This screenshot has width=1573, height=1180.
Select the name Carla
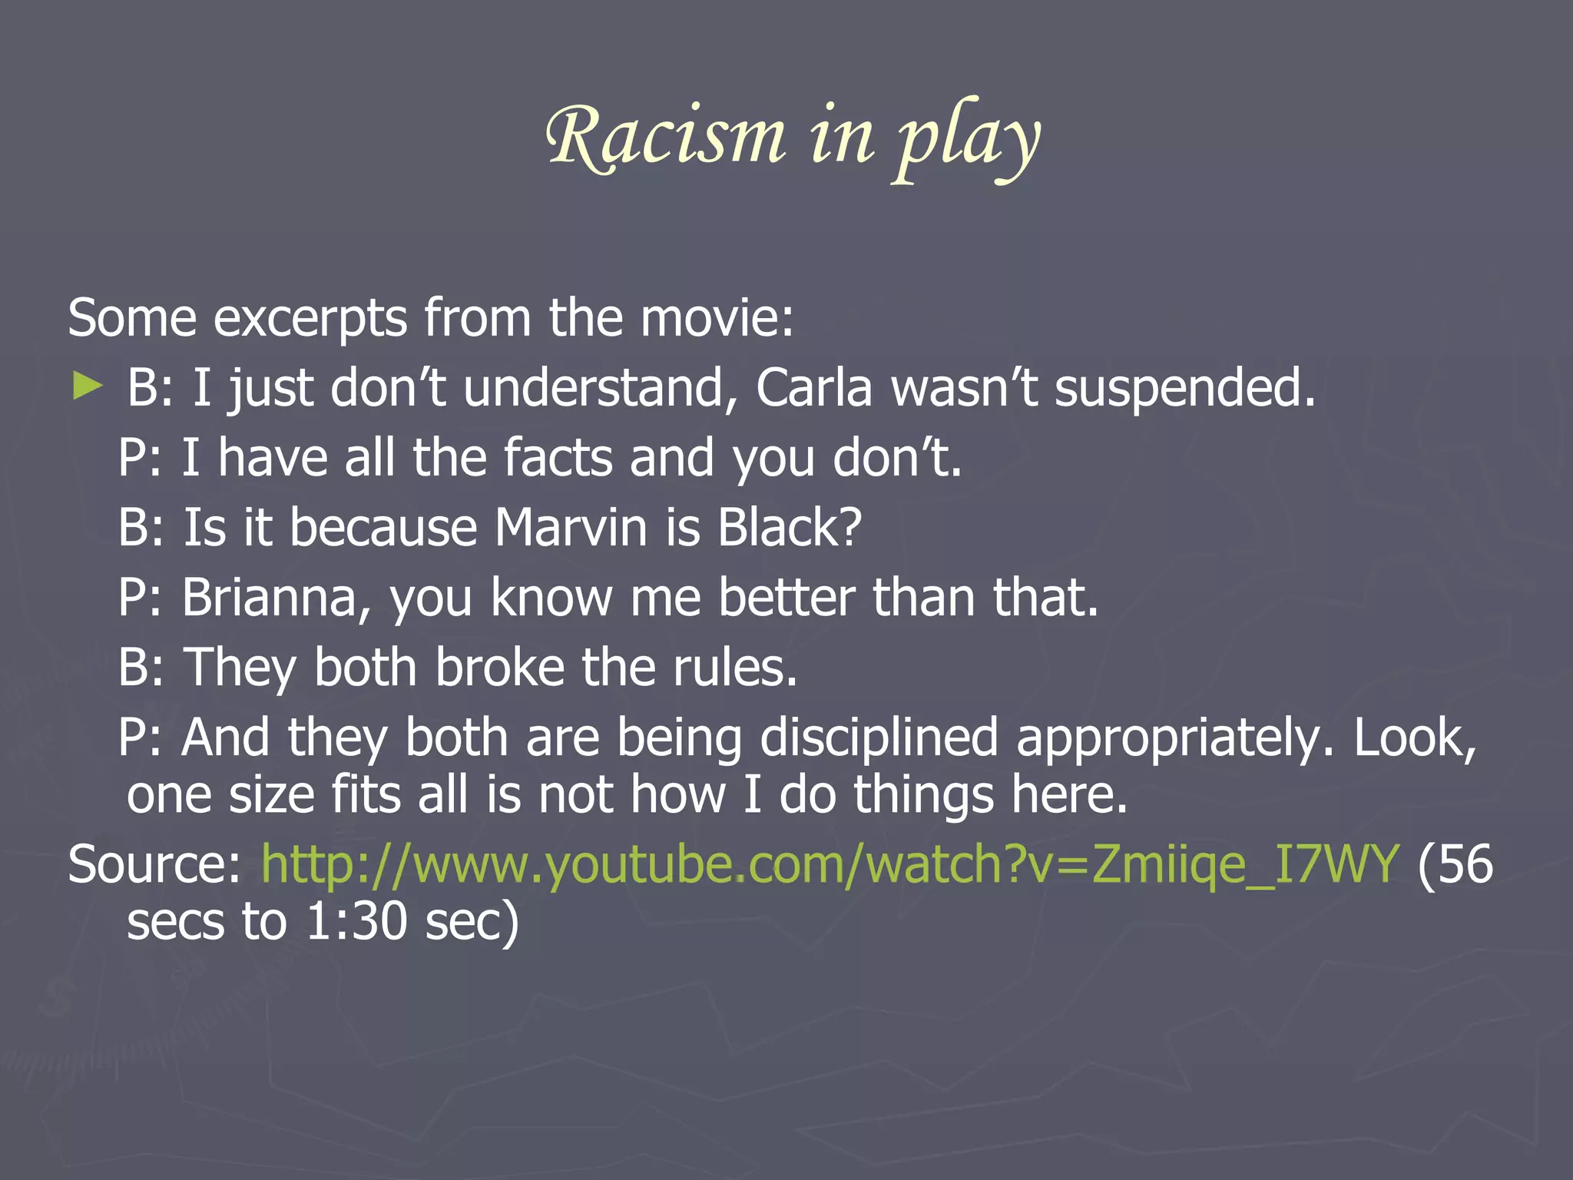tap(814, 388)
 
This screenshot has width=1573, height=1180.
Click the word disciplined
tap(879, 738)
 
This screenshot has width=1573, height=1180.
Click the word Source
tap(154, 865)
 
